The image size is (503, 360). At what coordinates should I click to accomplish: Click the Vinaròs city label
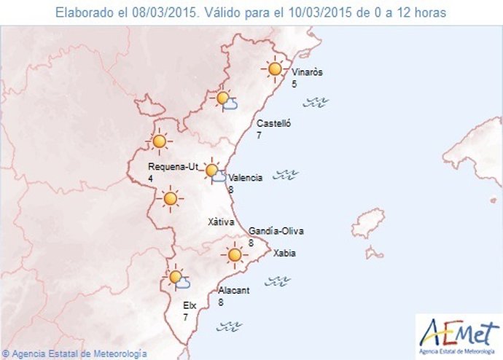[x=307, y=72]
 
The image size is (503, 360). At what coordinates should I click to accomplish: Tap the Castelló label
[x=274, y=124]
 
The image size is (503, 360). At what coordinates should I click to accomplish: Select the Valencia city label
[x=245, y=178]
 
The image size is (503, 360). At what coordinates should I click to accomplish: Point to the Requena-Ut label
[x=173, y=166]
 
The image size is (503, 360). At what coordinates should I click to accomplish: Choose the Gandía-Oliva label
[x=276, y=231]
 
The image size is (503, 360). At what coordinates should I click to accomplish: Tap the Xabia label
[x=284, y=254]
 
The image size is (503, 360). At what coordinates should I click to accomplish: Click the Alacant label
[x=234, y=290]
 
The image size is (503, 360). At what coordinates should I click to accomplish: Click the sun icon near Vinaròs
[x=275, y=69]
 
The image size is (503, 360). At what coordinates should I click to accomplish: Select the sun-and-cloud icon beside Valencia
[x=214, y=172]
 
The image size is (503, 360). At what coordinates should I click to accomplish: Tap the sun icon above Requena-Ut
[x=160, y=141]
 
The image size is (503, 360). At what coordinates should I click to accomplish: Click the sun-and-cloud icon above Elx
[x=177, y=278]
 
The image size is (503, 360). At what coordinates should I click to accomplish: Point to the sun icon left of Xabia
[x=234, y=255]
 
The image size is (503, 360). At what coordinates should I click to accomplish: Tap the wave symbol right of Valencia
[x=286, y=174]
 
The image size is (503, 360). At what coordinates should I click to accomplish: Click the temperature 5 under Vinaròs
[x=295, y=84]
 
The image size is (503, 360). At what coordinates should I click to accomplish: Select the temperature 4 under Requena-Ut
[x=150, y=178]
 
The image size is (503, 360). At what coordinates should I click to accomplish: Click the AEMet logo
[x=458, y=333]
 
